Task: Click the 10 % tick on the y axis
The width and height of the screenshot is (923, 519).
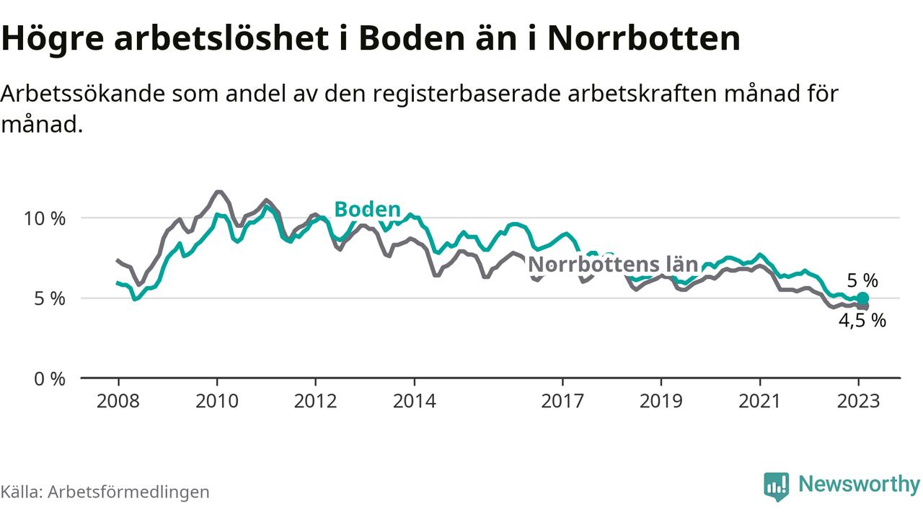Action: pos(45,218)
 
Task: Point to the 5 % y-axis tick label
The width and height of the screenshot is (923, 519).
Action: pos(50,298)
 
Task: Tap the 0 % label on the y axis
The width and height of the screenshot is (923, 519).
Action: pos(50,378)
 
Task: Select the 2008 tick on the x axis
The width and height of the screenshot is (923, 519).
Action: pos(118,401)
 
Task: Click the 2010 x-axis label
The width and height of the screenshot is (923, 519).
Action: pos(217,401)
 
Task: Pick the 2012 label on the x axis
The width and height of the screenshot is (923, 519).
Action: pos(316,401)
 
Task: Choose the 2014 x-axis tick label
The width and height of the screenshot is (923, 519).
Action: pos(415,401)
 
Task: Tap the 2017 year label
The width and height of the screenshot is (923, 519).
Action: pos(562,401)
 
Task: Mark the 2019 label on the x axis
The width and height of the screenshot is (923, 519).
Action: pos(661,401)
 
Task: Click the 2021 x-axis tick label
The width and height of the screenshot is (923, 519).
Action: pos(760,401)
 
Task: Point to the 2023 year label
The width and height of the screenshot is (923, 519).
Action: pos(859,401)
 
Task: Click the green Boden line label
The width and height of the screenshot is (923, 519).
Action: pos(367,210)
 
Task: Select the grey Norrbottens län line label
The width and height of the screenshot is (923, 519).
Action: pos(613,264)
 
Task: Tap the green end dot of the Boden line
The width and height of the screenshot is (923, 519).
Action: pos(862,298)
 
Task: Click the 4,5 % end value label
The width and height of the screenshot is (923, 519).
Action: pos(862,321)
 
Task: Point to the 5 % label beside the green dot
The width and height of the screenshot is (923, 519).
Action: pos(862,280)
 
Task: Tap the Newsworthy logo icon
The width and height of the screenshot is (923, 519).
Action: pos(777,486)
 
